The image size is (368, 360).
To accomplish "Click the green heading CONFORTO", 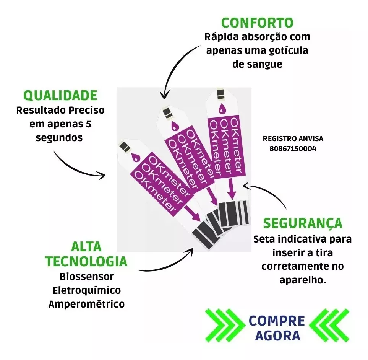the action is coord(257,23).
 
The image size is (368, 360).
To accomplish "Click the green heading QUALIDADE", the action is coord(60,95).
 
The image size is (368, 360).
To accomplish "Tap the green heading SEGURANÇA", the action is coord(303,224).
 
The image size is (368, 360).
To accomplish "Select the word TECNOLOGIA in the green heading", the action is coord(86,261).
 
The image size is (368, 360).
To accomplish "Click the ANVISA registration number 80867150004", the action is coord(293,149).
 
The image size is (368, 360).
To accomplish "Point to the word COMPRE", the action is coord(277,321).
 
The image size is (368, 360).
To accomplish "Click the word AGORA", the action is coord(278,336).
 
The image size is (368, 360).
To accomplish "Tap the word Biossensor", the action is coord(87,277).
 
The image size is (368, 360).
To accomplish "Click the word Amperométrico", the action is coord(86,304).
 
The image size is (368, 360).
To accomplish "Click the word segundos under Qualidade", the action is coord(59,138).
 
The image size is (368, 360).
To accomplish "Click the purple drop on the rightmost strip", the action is coord(222,109).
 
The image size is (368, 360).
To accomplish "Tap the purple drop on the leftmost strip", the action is coord(135,157).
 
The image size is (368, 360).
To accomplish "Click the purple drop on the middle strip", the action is coord(174,126).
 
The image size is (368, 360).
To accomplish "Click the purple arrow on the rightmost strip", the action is coord(232,189).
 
